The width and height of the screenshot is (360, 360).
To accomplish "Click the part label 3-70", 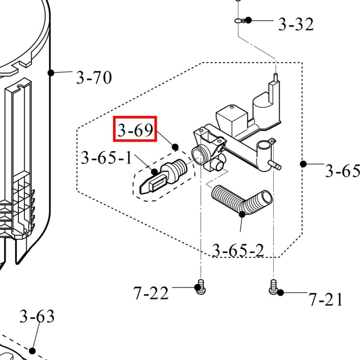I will pyautogui.click(x=94, y=77).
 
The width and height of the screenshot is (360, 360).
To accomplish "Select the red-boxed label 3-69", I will pyautogui.click(x=135, y=130).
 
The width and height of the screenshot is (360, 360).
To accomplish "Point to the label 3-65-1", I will pyautogui.click(x=106, y=158).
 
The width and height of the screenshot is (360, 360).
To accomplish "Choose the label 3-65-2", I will pyautogui.click(x=238, y=250).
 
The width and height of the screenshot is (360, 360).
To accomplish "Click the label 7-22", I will pyautogui.click(x=151, y=294).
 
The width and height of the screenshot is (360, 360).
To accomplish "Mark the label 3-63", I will pyautogui.click(x=37, y=317).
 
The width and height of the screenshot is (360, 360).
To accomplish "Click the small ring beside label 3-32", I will pyautogui.click(x=239, y=20).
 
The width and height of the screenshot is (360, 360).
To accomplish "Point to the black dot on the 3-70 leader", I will pyautogui.click(x=51, y=72).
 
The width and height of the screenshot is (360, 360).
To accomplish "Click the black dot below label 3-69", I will pyautogui.click(x=175, y=147).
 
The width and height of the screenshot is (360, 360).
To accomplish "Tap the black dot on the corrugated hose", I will pyautogui.click(x=242, y=214).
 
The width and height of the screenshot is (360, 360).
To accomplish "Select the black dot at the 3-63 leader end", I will pyautogui.click(x=32, y=351).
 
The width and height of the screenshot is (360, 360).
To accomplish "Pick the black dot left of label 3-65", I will pyautogui.click(x=303, y=164).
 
